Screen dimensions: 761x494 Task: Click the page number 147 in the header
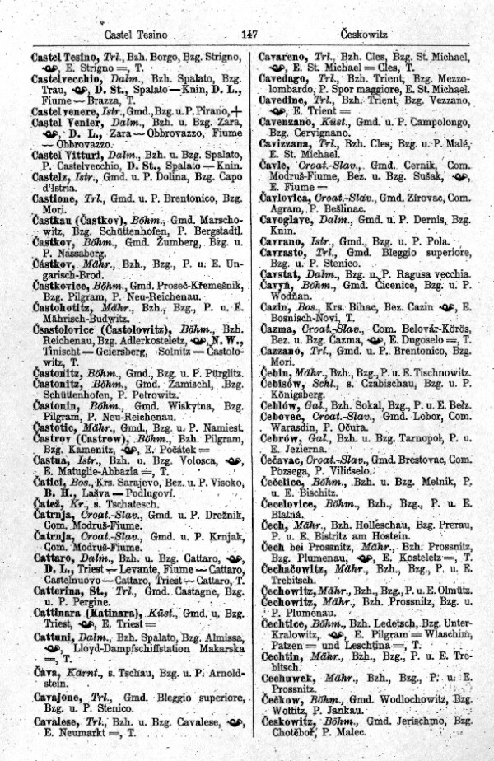coord(251,34)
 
